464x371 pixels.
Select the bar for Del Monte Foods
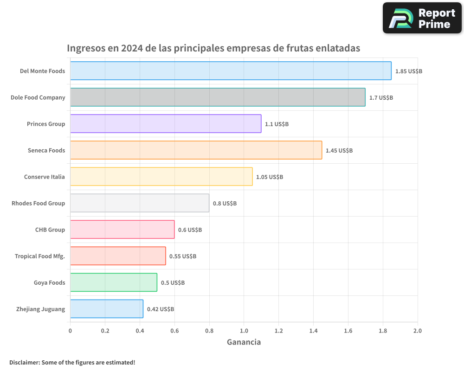pyautogui.click(x=231, y=71)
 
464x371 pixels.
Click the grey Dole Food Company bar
pyautogui.click(x=218, y=97)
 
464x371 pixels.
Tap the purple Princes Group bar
pyautogui.click(x=166, y=124)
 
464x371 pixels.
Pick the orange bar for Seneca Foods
pyautogui.click(x=196, y=150)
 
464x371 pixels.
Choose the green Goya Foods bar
pyautogui.click(x=114, y=282)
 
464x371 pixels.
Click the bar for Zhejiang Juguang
pyautogui.click(x=107, y=309)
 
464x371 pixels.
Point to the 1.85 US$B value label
pyautogui.click(x=408, y=71)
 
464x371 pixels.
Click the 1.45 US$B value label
pyautogui.click(x=339, y=151)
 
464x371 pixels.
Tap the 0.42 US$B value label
pyautogui.click(x=161, y=309)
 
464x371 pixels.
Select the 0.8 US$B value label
pyautogui.click(x=225, y=204)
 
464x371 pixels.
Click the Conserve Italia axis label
pyautogui.click(x=45, y=177)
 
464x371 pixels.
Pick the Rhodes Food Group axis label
pyautogui.click(x=38, y=203)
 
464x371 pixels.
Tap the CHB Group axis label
pyautogui.click(x=50, y=230)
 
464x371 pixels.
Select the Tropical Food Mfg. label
pyautogui.click(x=40, y=256)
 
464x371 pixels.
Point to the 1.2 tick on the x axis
pyautogui.click(x=278, y=331)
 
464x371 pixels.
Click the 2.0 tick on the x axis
pyautogui.click(x=417, y=331)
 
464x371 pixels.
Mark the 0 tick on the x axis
pyautogui.click(x=70, y=331)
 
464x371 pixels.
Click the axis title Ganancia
pyautogui.click(x=244, y=342)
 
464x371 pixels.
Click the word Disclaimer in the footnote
pyautogui.click(x=24, y=363)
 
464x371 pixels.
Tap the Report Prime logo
pyautogui.click(x=422, y=18)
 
